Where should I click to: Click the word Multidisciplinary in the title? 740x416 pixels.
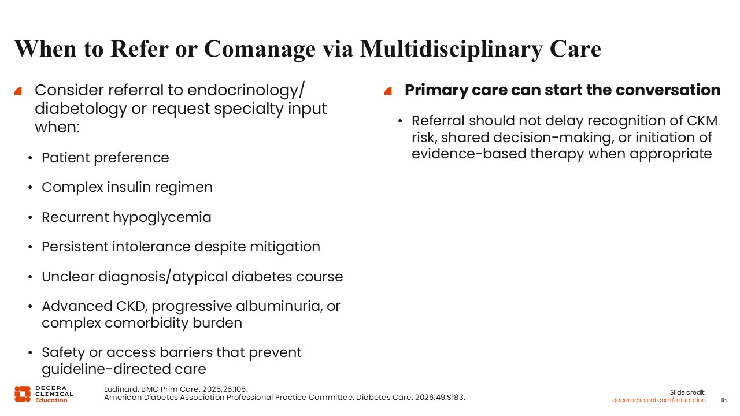pos(452,50)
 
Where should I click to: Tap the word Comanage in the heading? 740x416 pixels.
pos(260,50)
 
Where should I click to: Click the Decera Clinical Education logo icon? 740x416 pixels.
pos(23,394)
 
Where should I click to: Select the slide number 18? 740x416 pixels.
pos(723,400)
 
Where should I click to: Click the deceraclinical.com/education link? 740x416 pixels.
pos(658,400)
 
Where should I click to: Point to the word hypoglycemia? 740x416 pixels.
pos(162,218)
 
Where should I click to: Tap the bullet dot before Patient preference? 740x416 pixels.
pos(31,158)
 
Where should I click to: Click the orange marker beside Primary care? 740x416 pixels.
pos(388,91)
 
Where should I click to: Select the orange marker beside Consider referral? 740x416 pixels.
pos(18,91)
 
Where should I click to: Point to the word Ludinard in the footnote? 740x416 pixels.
pos(120,389)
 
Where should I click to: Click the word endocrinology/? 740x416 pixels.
pos(246,91)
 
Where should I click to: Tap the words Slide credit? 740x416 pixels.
pos(687,392)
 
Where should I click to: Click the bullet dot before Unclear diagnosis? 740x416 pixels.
pos(31,277)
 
